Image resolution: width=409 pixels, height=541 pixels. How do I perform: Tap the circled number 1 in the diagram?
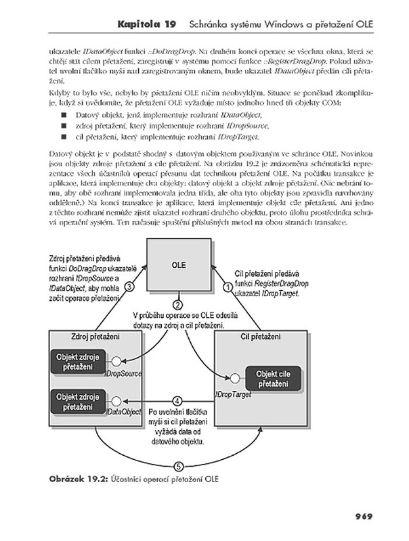pos(228,287)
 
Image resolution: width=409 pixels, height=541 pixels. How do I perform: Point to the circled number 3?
pos(129,287)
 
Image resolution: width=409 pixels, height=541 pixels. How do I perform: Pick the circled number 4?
pos(177,400)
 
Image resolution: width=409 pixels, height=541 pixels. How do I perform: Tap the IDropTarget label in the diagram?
pos(232,393)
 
